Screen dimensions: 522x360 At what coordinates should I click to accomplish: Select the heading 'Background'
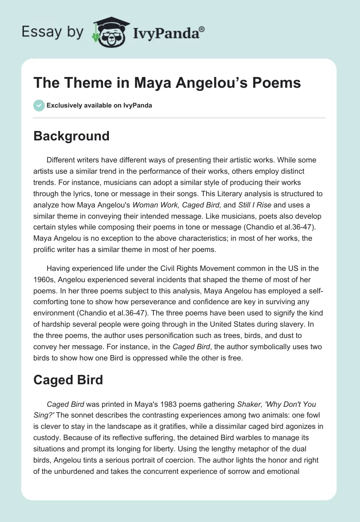(72, 136)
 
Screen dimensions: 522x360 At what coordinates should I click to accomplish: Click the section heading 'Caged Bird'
(68, 380)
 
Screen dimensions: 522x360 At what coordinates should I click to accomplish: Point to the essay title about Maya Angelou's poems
(167, 83)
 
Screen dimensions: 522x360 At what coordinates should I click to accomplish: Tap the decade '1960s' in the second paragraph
(44, 279)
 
